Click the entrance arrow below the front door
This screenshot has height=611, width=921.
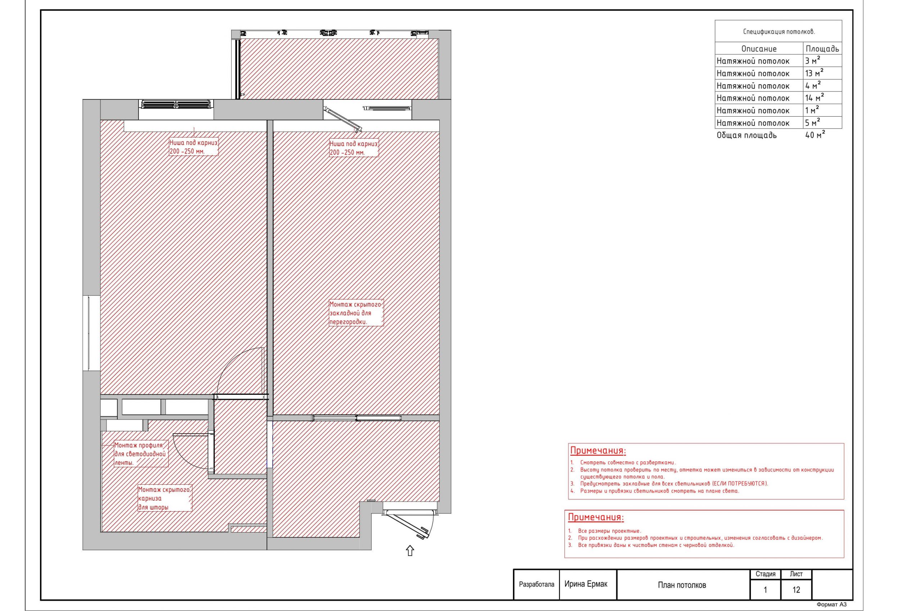click(x=410, y=551)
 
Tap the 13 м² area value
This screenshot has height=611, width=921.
click(x=815, y=73)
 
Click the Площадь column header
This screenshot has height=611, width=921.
click(x=822, y=49)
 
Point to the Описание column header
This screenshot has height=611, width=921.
click(x=759, y=49)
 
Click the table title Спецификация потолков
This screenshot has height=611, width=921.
click(x=779, y=32)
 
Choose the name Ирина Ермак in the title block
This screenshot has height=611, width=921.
click(x=586, y=584)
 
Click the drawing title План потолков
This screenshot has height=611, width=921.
click(x=682, y=585)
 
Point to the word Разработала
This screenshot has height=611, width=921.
click(x=536, y=584)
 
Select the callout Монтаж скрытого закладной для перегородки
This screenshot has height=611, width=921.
click(x=356, y=313)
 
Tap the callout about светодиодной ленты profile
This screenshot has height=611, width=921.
click(x=141, y=454)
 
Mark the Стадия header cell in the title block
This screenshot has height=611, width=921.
click(x=766, y=574)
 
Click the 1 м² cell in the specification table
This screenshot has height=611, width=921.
click(x=812, y=110)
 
